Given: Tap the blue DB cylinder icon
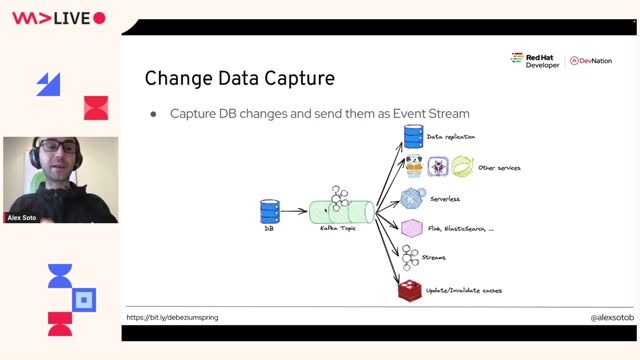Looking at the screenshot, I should (x=269, y=211).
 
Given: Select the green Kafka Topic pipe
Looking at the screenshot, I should (x=341, y=211).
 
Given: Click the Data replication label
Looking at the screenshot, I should (x=450, y=136).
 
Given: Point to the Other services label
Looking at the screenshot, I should (x=499, y=168).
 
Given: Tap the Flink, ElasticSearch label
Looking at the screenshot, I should (x=460, y=229).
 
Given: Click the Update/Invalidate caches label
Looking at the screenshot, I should (x=463, y=290).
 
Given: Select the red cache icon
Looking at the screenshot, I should (x=408, y=291).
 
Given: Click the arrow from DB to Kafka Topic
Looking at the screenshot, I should (x=294, y=211).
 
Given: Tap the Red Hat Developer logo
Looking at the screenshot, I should (x=535, y=61).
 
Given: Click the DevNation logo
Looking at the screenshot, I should (x=591, y=61).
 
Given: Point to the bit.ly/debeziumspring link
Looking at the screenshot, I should (x=172, y=317).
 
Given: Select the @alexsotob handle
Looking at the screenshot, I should (x=598, y=317).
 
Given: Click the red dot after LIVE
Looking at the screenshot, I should (x=99, y=18).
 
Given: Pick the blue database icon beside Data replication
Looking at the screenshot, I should (x=412, y=136).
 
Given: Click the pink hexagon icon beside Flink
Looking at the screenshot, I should (x=410, y=228).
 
